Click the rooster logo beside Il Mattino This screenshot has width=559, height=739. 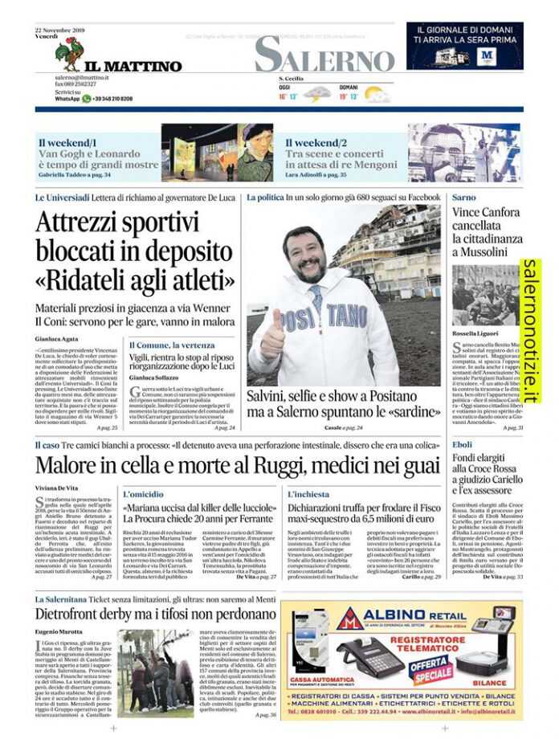coord(68,54)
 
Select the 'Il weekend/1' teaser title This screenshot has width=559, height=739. coord(67,142)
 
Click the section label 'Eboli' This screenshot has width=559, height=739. coord(463,444)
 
